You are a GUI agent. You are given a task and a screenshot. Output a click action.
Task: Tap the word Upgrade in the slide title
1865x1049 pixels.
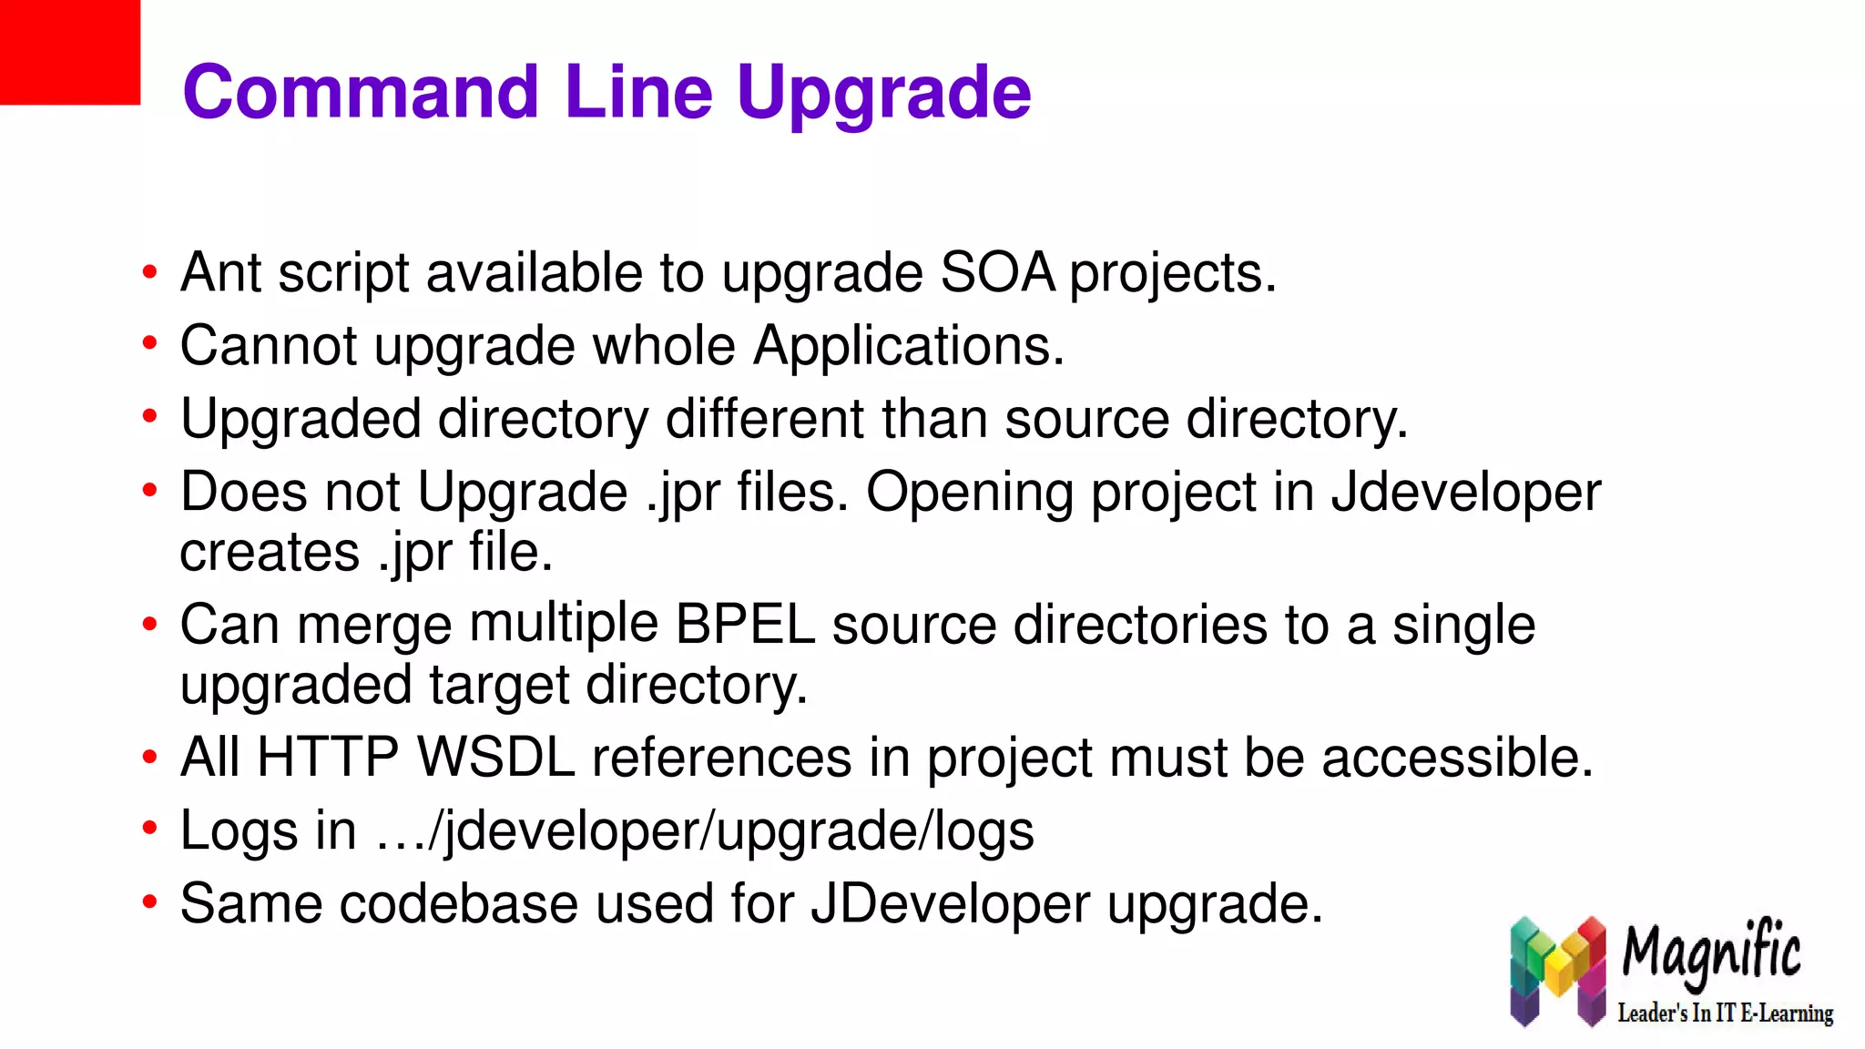[x=883, y=94]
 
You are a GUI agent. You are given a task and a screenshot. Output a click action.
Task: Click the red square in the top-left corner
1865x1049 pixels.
[x=69, y=52]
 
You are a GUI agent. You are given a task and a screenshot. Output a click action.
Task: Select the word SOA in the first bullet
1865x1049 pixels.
[x=997, y=272]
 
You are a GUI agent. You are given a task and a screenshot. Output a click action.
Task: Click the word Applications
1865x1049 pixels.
[x=908, y=346]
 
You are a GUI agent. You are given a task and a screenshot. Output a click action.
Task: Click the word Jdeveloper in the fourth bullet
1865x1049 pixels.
[x=1465, y=493]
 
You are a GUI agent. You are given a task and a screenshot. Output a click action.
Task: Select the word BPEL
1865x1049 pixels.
[x=745, y=625]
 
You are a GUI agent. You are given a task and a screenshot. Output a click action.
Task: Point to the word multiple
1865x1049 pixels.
[x=564, y=625]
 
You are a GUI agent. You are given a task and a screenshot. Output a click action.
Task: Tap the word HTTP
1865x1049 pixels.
[x=328, y=758]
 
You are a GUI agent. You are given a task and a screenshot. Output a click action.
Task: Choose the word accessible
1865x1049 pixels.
[x=1457, y=758]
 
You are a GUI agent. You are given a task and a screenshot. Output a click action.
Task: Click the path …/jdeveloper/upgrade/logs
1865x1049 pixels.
[x=705, y=831]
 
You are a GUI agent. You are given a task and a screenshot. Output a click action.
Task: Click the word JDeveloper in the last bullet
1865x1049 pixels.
[x=950, y=904]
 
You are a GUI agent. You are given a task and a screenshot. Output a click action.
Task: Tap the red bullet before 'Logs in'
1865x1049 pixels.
[x=149, y=829]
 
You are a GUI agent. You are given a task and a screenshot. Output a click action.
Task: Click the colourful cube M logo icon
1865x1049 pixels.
[x=1557, y=971]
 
